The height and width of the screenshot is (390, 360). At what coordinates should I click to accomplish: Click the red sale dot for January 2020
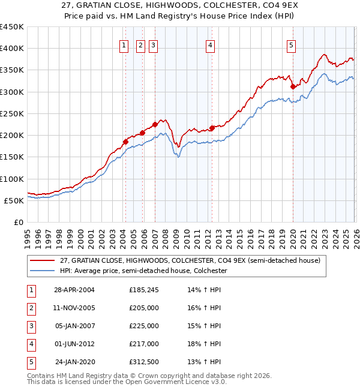coord(293,86)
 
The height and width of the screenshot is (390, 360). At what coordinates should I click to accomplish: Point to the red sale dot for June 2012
coord(212,128)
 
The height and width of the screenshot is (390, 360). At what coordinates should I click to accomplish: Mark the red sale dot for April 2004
coord(125,142)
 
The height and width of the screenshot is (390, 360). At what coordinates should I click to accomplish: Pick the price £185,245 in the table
coord(143,290)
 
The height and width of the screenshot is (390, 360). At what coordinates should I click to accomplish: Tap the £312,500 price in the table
coord(143,362)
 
